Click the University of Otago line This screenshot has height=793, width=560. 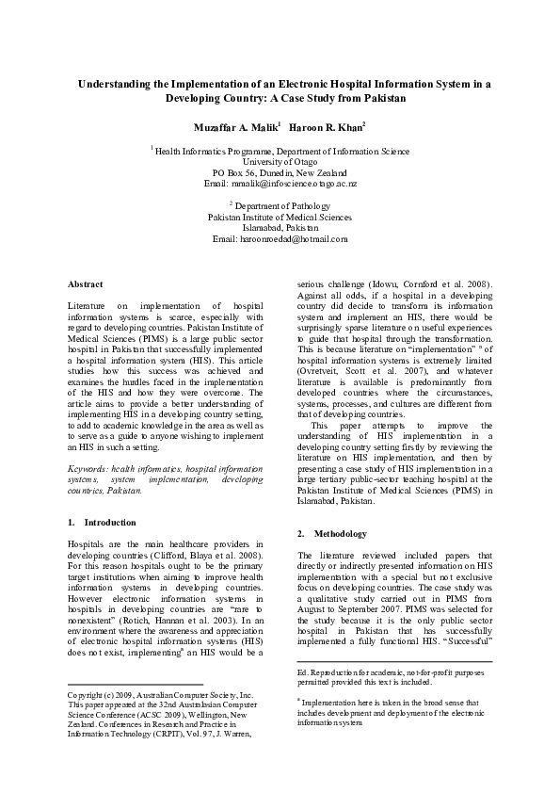click(280, 161)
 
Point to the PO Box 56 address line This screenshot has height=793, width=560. click(280, 173)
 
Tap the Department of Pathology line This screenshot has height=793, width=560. click(280, 204)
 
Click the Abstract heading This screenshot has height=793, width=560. click(85, 283)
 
